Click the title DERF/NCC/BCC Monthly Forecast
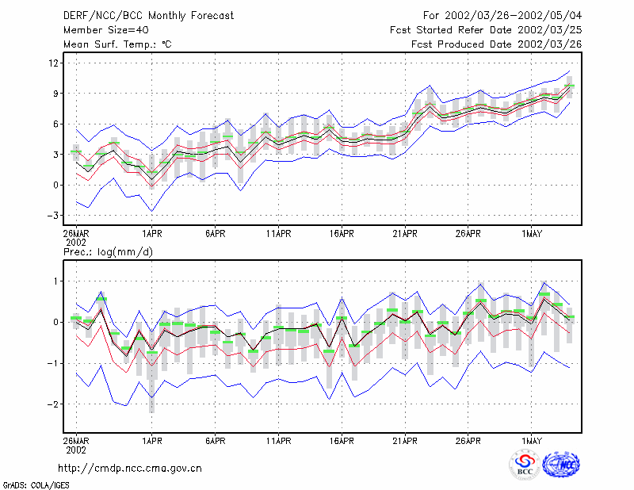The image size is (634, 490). coord(148,16)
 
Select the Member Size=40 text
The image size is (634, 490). coord(106,30)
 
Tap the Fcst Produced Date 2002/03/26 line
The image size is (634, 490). coord(497,44)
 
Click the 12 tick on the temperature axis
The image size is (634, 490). coord(54,63)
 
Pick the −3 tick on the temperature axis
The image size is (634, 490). coord(52,216)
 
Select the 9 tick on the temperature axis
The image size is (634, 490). coord(56,94)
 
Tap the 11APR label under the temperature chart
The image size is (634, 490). coord(279,234)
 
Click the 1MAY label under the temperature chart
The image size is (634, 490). coord(532,234)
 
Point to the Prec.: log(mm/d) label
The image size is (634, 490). coord(108,252)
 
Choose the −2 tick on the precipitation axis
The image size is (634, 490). coord(52,404)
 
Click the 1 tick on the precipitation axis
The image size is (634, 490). coord(56,281)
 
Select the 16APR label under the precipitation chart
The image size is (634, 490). coord(342,441)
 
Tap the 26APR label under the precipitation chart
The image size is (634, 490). coord(468,441)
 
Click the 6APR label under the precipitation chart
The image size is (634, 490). coord(215,441)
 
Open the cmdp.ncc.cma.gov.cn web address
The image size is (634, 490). coord(130,469)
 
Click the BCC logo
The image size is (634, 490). coord(525,465)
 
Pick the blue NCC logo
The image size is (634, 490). coord(561,465)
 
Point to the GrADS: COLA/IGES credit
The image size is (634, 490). coord(36,485)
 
